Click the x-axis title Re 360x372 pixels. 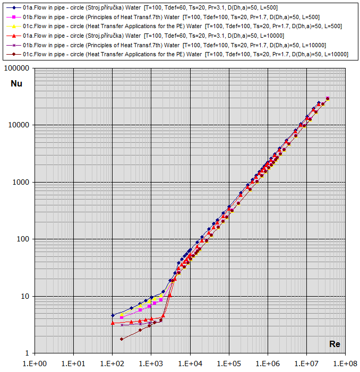(335, 344)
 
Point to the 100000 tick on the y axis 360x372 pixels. (18, 68)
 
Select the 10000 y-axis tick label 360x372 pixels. (20, 125)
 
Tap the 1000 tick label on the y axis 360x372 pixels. (22, 182)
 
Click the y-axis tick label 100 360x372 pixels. (23, 239)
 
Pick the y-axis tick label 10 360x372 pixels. (25, 296)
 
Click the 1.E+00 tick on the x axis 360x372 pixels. (35, 364)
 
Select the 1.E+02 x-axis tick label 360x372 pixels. (112, 364)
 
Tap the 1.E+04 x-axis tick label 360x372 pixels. (190, 364)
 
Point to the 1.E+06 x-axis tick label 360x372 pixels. (268, 364)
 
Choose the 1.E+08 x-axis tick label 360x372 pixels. (345, 364)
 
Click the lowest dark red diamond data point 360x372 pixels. (122, 339)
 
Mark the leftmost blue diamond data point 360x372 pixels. (113, 315)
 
